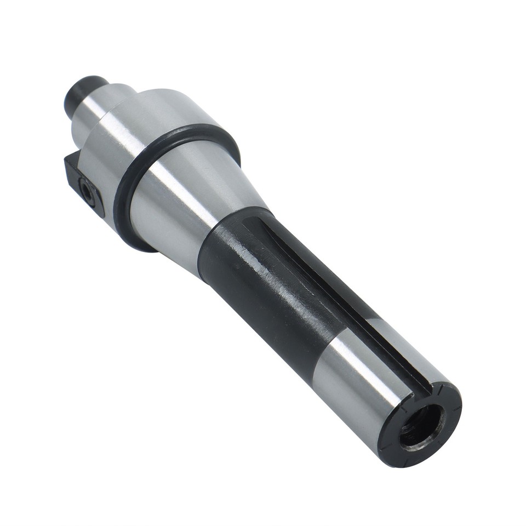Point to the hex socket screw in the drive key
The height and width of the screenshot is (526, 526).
coord(87,191)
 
